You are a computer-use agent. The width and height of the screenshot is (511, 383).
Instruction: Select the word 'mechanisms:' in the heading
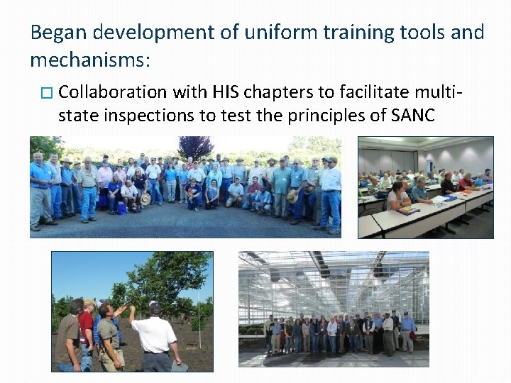[x=90, y=60]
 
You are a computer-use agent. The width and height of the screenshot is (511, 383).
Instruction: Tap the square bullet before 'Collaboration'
[x=48, y=93]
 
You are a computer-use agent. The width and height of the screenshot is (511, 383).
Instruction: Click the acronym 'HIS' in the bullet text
[x=227, y=92]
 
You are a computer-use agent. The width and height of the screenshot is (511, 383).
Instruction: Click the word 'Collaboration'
[x=113, y=92]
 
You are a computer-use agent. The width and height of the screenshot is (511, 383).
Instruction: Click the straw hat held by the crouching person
[x=145, y=199]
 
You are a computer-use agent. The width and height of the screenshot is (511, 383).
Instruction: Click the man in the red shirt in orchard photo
[x=87, y=333]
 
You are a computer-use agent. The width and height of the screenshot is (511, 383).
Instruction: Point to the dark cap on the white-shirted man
[x=155, y=308]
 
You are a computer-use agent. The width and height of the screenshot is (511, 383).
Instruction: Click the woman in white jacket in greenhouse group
[x=332, y=334]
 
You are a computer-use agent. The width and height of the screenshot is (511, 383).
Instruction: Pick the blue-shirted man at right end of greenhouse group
[x=407, y=332]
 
